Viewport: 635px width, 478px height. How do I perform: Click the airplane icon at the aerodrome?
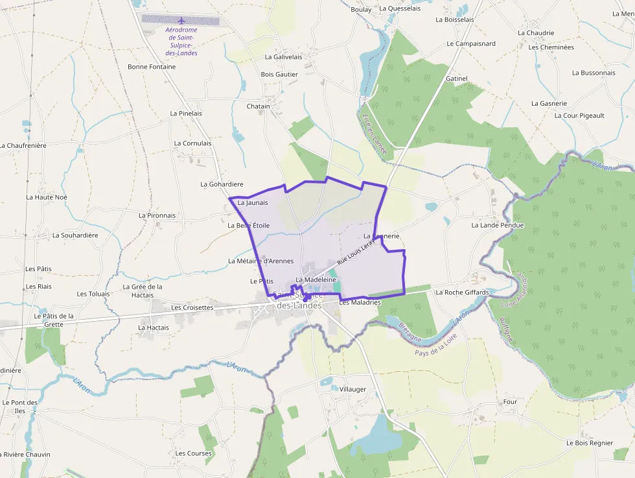click(x=181, y=20)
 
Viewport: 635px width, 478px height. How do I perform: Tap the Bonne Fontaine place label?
click(x=152, y=67)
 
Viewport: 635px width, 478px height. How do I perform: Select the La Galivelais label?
click(x=283, y=57)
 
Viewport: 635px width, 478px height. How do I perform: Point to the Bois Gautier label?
click(x=279, y=75)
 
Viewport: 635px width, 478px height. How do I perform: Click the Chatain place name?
click(x=258, y=106)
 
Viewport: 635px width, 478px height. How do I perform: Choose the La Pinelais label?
click(x=186, y=114)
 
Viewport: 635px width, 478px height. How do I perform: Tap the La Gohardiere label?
click(x=222, y=184)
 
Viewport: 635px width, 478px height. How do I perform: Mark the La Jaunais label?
click(x=253, y=203)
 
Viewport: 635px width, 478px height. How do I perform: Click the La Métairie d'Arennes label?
click(x=260, y=261)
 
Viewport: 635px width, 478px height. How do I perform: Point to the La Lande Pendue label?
click(x=497, y=226)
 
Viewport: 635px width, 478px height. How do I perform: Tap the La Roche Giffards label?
click(x=462, y=293)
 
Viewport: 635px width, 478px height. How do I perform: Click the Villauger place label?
click(x=353, y=390)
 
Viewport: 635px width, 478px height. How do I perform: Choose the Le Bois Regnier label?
click(x=589, y=443)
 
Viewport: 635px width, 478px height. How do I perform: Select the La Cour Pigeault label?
click(x=579, y=115)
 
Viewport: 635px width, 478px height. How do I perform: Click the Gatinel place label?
click(x=457, y=78)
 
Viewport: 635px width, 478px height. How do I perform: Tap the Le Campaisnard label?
click(x=471, y=44)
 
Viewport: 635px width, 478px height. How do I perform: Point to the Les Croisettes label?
click(x=192, y=307)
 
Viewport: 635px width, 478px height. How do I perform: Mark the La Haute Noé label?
click(x=47, y=197)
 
